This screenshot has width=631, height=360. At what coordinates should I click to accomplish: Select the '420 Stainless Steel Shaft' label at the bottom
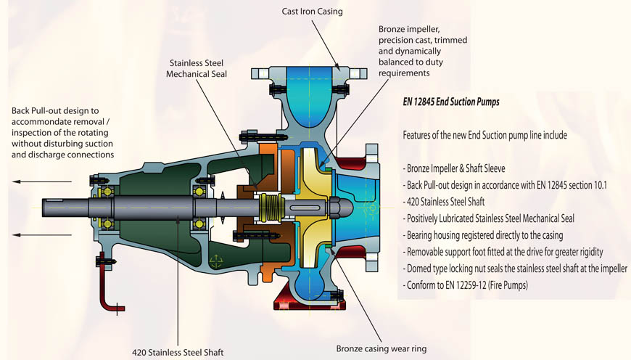point(178,352)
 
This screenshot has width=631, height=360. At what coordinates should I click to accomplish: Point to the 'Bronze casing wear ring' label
point(382,348)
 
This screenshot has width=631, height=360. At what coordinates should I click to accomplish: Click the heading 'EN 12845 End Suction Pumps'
point(450,102)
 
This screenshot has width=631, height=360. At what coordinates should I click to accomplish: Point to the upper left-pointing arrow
point(36,184)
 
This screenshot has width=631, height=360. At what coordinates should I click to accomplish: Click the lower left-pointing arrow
point(36,234)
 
